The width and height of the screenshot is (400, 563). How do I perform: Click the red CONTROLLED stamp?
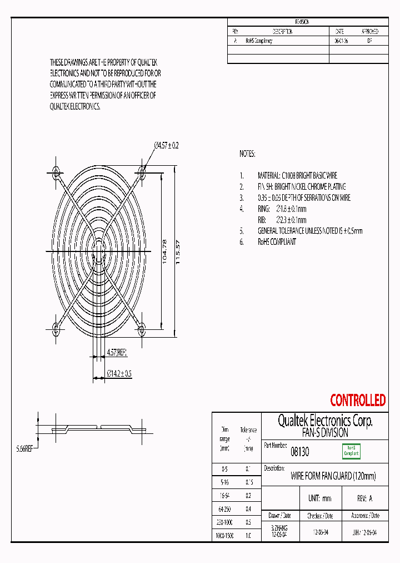[357, 400]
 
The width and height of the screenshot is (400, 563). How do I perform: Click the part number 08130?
[300, 452]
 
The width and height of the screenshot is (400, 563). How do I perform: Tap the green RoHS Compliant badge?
[351, 451]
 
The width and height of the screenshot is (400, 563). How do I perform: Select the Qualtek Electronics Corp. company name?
[325, 421]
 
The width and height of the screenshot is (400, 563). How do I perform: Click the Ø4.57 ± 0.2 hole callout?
[166, 146]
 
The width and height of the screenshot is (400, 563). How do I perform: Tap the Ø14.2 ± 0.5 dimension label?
[119, 373]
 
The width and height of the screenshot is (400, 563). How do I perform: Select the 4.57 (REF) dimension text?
[117, 352]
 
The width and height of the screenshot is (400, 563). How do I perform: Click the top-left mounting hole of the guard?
[56, 170]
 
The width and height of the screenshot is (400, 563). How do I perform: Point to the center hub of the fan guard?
[98, 251]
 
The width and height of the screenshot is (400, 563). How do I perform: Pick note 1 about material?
[297, 175]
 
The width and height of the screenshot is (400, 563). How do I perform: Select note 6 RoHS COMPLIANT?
[277, 241]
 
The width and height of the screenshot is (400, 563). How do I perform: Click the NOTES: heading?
[247, 153]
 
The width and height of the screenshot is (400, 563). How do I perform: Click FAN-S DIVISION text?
[325, 432]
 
